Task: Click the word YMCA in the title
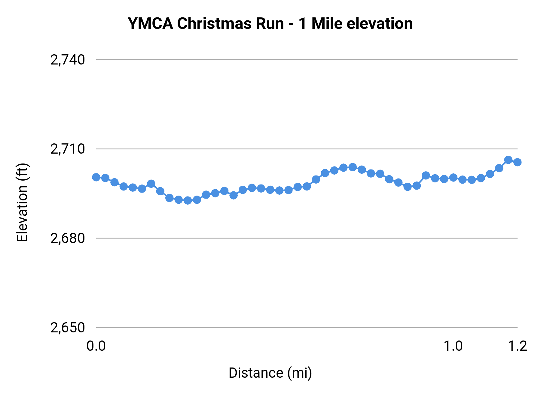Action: (x=150, y=23)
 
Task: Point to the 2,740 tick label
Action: (x=68, y=60)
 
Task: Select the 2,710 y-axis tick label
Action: (x=68, y=149)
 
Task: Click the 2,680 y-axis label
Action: (x=68, y=238)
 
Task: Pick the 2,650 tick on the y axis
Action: (x=68, y=328)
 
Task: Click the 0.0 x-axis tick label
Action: (x=96, y=346)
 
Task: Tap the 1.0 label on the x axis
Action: (x=453, y=346)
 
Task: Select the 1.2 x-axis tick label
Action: (x=517, y=346)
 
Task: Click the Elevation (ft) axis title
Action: (x=22, y=202)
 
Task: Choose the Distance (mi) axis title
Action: (x=270, y=373)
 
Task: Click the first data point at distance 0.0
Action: (x=96, y=177)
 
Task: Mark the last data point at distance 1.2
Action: (x=517, y=162)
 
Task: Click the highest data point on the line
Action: (x=508, y=160)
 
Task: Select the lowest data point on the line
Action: (x=188, y=200)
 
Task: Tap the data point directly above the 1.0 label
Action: (x=453, y=178)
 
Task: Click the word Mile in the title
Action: (x=327, y=23)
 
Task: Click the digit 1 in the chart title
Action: (x=303, y=23)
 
